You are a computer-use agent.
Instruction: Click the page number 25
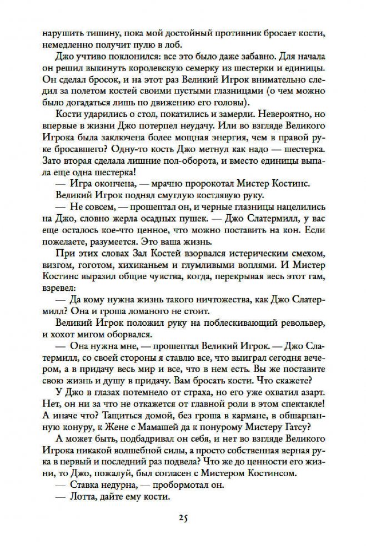pyautogui.click(x=183, y=518)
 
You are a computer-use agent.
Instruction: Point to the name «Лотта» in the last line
pyautogui.click(x=84, y=497)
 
